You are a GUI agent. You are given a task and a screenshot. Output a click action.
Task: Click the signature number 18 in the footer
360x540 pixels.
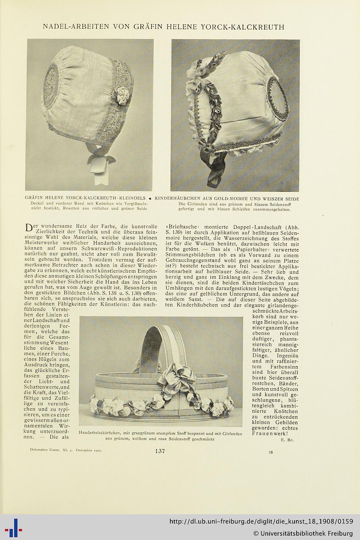(270, 452)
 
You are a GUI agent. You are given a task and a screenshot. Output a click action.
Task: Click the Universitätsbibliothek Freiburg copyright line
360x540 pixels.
(303, 533)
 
